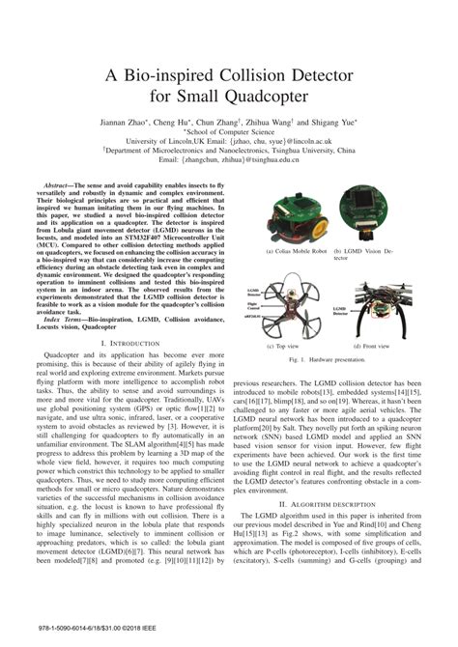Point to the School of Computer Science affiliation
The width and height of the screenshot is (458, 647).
(228, 133)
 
